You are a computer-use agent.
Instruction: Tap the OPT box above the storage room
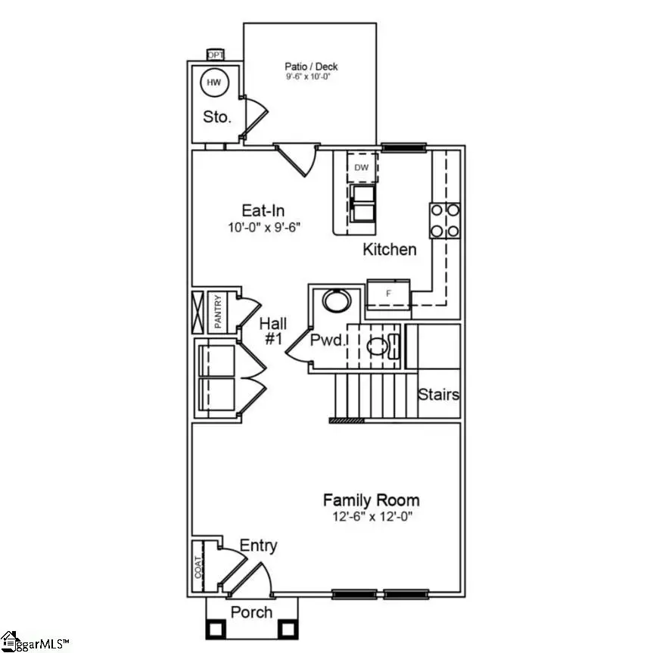[x=216, y=54]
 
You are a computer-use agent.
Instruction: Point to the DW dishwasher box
[x=362, y=167]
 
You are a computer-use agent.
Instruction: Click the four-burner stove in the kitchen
[x=445, y=220]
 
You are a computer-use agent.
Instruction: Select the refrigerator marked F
[x=388, y=291]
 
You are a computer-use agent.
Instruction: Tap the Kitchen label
[x=390, y=249]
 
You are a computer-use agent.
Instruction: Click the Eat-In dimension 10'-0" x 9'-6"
[x=263, y=228]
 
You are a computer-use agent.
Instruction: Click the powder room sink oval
[x=337, y=300]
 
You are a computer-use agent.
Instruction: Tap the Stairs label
[x=439, y=394]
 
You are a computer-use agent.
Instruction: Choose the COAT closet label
[x=198, y=567]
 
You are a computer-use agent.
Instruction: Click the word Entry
[x=258, y=546]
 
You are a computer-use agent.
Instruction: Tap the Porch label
[x=251, y=611]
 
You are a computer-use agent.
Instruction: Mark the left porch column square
[x=215, y=628]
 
